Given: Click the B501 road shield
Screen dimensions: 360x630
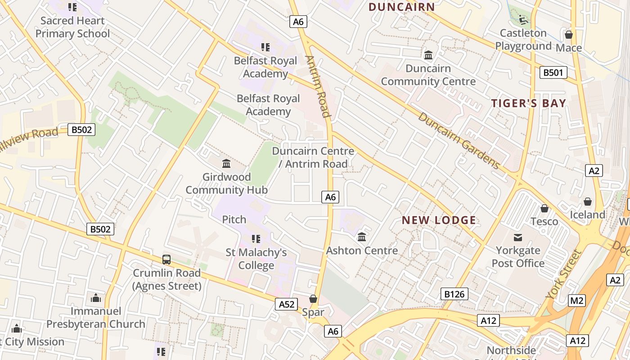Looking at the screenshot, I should (553, 72).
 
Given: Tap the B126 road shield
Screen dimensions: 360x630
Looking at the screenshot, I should (454, 294).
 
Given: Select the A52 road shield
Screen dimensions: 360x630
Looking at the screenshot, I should (287, 304).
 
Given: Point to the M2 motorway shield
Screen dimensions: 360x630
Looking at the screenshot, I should (576, 301).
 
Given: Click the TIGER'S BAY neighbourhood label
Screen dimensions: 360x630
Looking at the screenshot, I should (528, 103).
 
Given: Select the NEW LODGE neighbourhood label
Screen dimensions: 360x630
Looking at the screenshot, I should (439, 220).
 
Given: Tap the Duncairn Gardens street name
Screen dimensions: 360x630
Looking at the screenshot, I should (459, 140).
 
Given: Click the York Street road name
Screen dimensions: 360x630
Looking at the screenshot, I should (564, 274).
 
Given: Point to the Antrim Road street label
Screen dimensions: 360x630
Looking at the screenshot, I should (318, 86).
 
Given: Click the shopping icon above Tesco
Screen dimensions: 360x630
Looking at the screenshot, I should (544, 208).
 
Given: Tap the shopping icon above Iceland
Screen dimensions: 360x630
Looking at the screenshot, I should (587, 202).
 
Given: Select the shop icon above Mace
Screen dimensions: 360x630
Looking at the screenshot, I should (569, 35).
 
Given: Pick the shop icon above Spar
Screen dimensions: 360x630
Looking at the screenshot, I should (313, 299).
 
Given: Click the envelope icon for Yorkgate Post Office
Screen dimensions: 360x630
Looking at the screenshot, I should (518, 237).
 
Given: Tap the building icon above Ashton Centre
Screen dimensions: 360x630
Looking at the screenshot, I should (362, 237).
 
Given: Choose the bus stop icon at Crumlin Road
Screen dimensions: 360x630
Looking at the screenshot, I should (166, 260).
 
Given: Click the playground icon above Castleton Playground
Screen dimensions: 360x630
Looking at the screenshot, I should (523, 20).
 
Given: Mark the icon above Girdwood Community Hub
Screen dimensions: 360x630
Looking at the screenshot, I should (226, 163).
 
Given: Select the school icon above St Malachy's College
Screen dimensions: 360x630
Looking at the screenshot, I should (256, 239).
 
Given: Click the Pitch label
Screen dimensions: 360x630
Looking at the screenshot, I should (234, 220).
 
